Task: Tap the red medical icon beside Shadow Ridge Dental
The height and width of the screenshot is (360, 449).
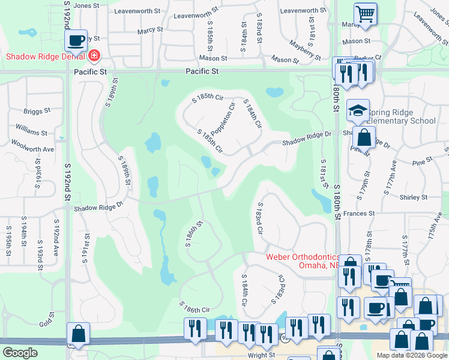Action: [94, 56]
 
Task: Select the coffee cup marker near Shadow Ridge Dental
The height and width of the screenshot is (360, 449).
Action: [76, 41]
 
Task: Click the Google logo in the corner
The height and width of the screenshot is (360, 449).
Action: [20, 353]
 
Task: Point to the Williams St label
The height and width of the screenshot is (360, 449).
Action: [32, 132]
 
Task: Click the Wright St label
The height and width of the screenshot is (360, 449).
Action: [261, 355]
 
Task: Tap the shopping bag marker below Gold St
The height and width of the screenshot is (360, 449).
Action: [78, 334]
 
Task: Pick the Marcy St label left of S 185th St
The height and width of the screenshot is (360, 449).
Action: [150, 29]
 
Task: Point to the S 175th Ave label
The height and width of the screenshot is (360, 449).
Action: [436, 233]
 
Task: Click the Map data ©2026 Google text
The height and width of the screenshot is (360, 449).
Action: [411, 355]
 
